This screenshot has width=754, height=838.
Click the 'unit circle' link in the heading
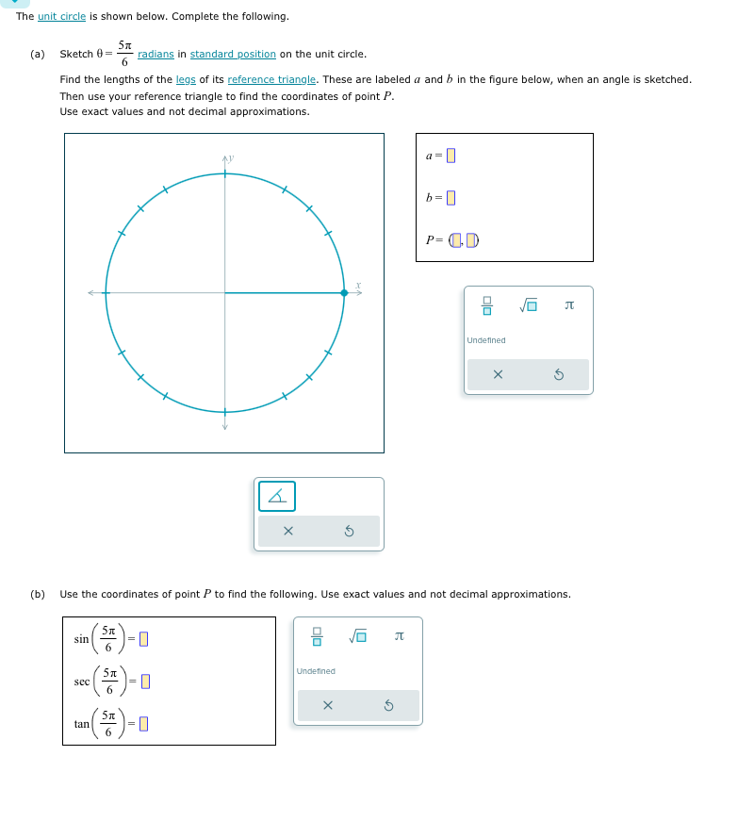point(61,17)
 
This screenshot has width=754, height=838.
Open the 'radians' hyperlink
point(156,55)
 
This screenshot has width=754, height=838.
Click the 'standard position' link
point(233,55)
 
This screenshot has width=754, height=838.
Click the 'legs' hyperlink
point(186,80)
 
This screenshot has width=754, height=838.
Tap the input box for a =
point(451,156)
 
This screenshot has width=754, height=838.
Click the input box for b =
point(451,198)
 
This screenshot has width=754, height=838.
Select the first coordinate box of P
point(456,239)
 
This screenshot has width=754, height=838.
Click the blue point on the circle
point(344,293)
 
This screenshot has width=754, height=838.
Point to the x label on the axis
point(358,285)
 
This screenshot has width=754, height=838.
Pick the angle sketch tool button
point(276,496)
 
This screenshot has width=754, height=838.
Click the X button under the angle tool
point(288,532)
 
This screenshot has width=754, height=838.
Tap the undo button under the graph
point(349,532)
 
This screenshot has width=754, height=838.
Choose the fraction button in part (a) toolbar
point(487,305)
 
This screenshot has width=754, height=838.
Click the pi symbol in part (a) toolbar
point(568,305)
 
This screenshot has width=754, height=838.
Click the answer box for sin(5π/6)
point(144,640)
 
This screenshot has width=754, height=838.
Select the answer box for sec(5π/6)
point(146,682)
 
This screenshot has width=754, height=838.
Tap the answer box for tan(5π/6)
point(144,724)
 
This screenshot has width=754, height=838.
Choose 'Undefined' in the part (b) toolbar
point(316,671)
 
